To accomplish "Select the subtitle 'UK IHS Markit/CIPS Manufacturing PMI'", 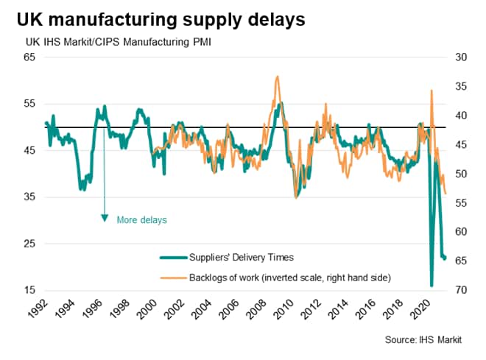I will [x=108, y=42].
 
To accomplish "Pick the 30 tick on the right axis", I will [x=460, y=57].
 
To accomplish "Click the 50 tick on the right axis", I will [x=460, y=174].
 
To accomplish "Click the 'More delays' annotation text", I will [x=142, y=219].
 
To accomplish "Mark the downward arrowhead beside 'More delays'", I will [x=105, y=218].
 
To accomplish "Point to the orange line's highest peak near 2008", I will [x=276, y=76].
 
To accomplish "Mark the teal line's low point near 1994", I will [x=82, y=189].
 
